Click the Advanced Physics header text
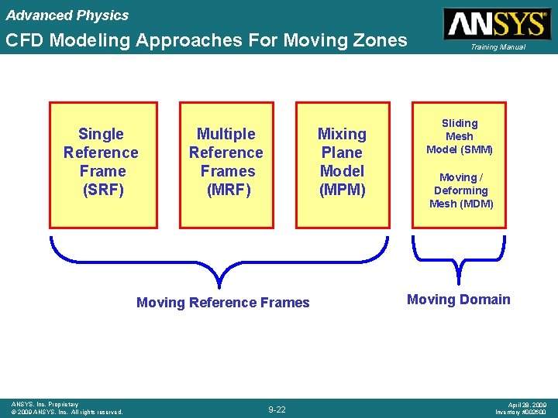tap(67, 15)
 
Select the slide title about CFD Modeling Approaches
tap(206, 40)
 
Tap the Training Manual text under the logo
tap(495, 47)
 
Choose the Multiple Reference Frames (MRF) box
tap(226, 165)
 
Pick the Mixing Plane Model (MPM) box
tap(342, 165)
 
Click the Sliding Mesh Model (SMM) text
tap(460, 136)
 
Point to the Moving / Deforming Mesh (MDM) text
tap(461, 190)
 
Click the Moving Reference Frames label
tap(222, 303)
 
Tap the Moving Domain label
tap(458, 300)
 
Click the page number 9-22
tap(277, 409)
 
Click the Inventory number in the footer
tap(521, 412)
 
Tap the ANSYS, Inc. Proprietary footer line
tap(45, 404)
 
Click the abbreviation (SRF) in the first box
tap(102, 190)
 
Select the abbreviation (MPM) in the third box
tap(342, 190)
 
